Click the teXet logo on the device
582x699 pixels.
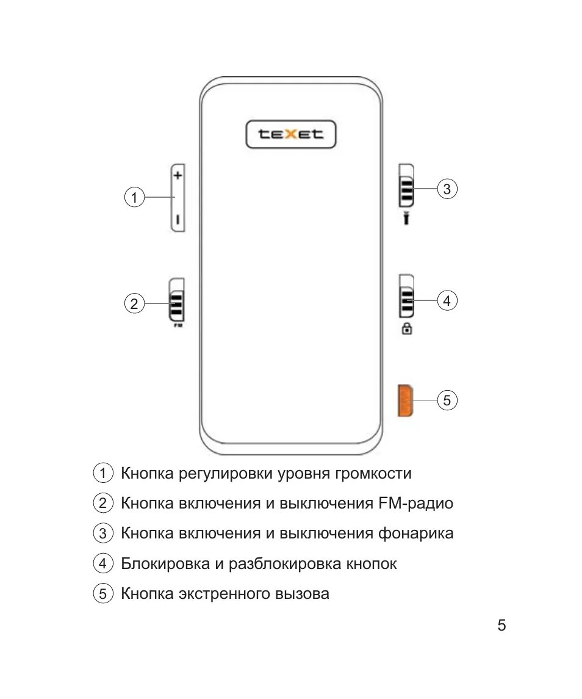291,134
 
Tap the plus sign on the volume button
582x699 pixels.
178,175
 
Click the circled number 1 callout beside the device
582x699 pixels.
134,197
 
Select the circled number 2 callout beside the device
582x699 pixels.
134,303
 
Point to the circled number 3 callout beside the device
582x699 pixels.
447,189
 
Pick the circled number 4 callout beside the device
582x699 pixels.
447,300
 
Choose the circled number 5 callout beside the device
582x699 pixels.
447,400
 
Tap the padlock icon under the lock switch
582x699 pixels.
406,329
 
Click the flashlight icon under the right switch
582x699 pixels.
406,218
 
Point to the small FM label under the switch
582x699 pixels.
178,327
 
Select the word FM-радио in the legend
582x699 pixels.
415,504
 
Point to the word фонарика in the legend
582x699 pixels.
415,534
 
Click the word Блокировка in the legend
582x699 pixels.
165,563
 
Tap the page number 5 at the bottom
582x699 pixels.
501,626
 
